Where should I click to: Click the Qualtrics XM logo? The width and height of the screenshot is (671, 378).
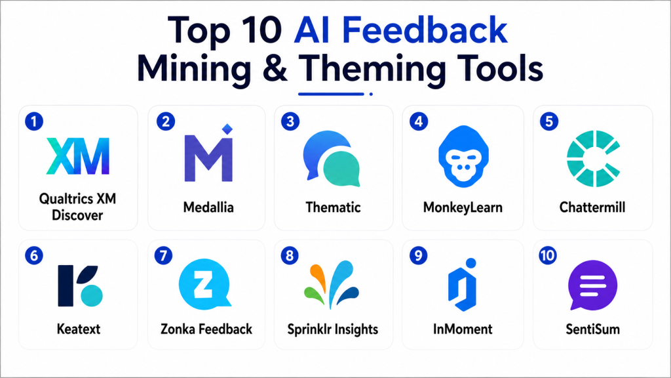click(x=78, y=156)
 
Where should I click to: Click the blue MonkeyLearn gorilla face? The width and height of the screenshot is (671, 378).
click(x=463, y=156)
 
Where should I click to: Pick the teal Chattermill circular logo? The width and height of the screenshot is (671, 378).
click(x=593, y=159)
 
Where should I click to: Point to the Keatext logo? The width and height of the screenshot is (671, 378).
click(x=80, y=285)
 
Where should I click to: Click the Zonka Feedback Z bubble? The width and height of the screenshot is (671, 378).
click(x=204, y=284)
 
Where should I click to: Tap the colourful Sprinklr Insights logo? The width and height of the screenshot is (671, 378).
click(x=332, y=283)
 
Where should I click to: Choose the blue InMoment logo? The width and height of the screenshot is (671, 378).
click(x=463, y=285)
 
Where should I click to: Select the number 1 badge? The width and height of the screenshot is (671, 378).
click(x=34, y=121)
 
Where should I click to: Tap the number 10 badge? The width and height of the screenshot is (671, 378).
click(x=548, y=256)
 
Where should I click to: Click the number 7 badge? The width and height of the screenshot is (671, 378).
click(x=163, y=256)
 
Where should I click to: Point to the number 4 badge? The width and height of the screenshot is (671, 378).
click(x=419, y=121)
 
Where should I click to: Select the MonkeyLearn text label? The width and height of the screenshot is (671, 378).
click(x=463, y=207)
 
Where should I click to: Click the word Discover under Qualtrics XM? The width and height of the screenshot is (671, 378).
click(x=77, y=215)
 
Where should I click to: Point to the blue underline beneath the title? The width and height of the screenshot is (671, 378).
click(x=331, y=94)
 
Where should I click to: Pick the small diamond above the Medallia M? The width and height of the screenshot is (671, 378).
click(x=227, y=129)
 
